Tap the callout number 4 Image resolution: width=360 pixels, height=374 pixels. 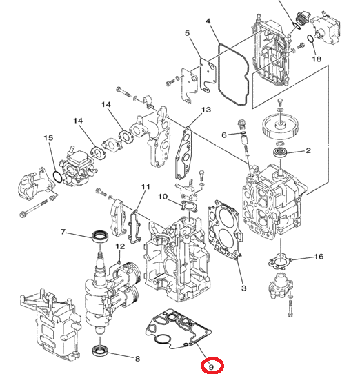tap(208, 23)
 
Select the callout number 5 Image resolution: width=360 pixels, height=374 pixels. tap(187, 33)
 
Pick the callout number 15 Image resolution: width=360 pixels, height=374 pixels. tap(49, 138)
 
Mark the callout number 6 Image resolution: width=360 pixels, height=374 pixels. tap(223, 134)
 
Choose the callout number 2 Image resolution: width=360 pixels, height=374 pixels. tap(308, 150)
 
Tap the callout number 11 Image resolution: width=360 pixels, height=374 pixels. tap(145, 187)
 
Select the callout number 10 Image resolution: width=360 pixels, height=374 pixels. tap(163, 197)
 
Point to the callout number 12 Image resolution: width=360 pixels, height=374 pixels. tap(120, 246)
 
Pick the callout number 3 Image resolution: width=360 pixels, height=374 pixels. tap(243, 288)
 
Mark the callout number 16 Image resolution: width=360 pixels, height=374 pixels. tap(318, 257)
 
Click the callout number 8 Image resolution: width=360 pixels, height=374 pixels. tap(137, 359)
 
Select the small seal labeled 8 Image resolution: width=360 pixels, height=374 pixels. tap(101, 351)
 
